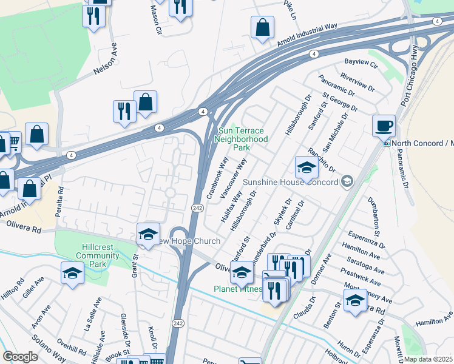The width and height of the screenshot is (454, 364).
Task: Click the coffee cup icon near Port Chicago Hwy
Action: click(384, 126)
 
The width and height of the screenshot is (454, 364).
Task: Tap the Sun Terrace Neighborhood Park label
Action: click(242, 139)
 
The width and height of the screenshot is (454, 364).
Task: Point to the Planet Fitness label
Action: click(239, 289)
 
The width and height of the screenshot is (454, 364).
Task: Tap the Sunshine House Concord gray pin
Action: click(347, 181)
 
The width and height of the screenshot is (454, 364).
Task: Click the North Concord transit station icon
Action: click(387, 143)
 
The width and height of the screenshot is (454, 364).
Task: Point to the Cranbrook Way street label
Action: click(217, 178)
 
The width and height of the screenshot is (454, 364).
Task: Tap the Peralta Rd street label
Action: click(60, 197)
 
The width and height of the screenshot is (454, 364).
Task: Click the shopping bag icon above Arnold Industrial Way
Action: click(262, 27)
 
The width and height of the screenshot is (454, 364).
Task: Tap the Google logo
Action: click(20, 357)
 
